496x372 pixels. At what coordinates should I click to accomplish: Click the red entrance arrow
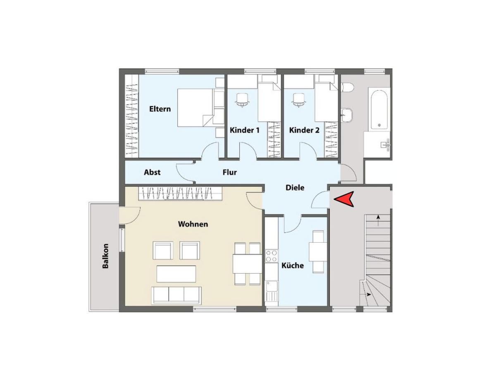click(x=343, y=199)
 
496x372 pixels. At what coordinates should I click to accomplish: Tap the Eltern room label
click(x=160, y=109)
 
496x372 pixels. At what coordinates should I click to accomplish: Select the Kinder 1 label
click(x=245, y=130)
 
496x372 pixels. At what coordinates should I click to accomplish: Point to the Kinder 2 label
click(x=304, y=130)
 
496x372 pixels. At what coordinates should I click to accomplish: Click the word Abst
click(x=152, y=172)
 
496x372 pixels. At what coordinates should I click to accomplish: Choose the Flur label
click(x=229, y=172)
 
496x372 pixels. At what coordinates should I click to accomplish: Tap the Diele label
click(x=295, y=188)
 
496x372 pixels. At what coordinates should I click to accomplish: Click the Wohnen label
click(x=193, y=224)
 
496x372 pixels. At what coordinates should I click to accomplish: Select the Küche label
click(x=292, y=265)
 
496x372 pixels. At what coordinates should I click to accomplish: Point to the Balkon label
click(x=105, y=256)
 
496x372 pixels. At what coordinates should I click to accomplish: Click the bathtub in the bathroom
click(x=379, y=110)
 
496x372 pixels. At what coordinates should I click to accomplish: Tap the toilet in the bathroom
click(x=347, y=87)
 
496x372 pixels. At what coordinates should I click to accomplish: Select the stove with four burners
click(x=272, y=256)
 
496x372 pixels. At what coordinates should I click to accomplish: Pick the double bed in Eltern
click(x=195, y=108)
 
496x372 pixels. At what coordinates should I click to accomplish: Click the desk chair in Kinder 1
click(x=242, y=100)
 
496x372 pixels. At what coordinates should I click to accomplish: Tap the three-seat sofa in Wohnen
click(x=176, y=296)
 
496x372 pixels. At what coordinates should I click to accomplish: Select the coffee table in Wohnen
click(x=176, y=274)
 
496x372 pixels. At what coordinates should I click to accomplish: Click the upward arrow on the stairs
click(x=378, y=220)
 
